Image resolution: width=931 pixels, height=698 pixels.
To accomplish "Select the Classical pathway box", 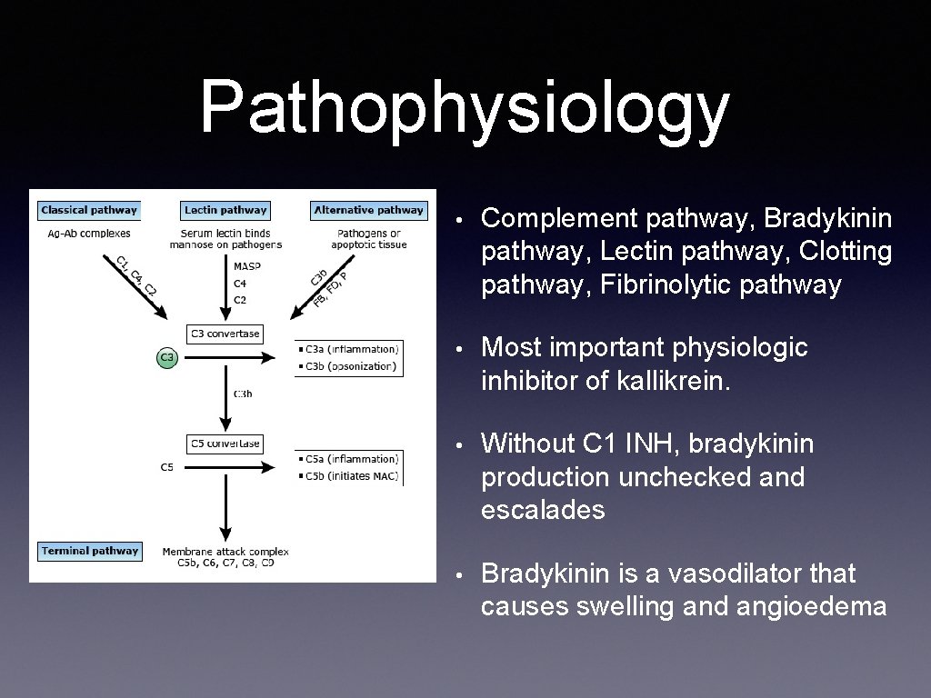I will click(x=89, y=210).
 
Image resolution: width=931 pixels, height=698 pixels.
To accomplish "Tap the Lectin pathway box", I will click(x=225, y=210).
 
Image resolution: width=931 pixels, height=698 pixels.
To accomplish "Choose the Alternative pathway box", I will click(x=368, y=210).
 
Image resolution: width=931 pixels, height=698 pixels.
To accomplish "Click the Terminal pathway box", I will click(x=90, y=551).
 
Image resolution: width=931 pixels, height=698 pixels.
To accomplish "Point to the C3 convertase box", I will click(x=225, y=334).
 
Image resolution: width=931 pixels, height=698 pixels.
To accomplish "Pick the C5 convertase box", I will click(x=225, y=444).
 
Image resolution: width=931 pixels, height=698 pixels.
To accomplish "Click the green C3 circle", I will click(x=166, y=358).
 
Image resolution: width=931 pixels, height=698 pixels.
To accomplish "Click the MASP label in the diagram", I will click(x=246, y=266).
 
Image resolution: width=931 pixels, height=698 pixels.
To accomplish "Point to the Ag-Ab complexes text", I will click(x=89, y=234).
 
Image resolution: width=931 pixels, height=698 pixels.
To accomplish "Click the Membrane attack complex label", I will click(x=225, y=552).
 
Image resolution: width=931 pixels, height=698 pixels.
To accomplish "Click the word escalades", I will click(x=543, y=509).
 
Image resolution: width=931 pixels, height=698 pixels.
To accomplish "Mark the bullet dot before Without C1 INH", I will click(x=462, y=445).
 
